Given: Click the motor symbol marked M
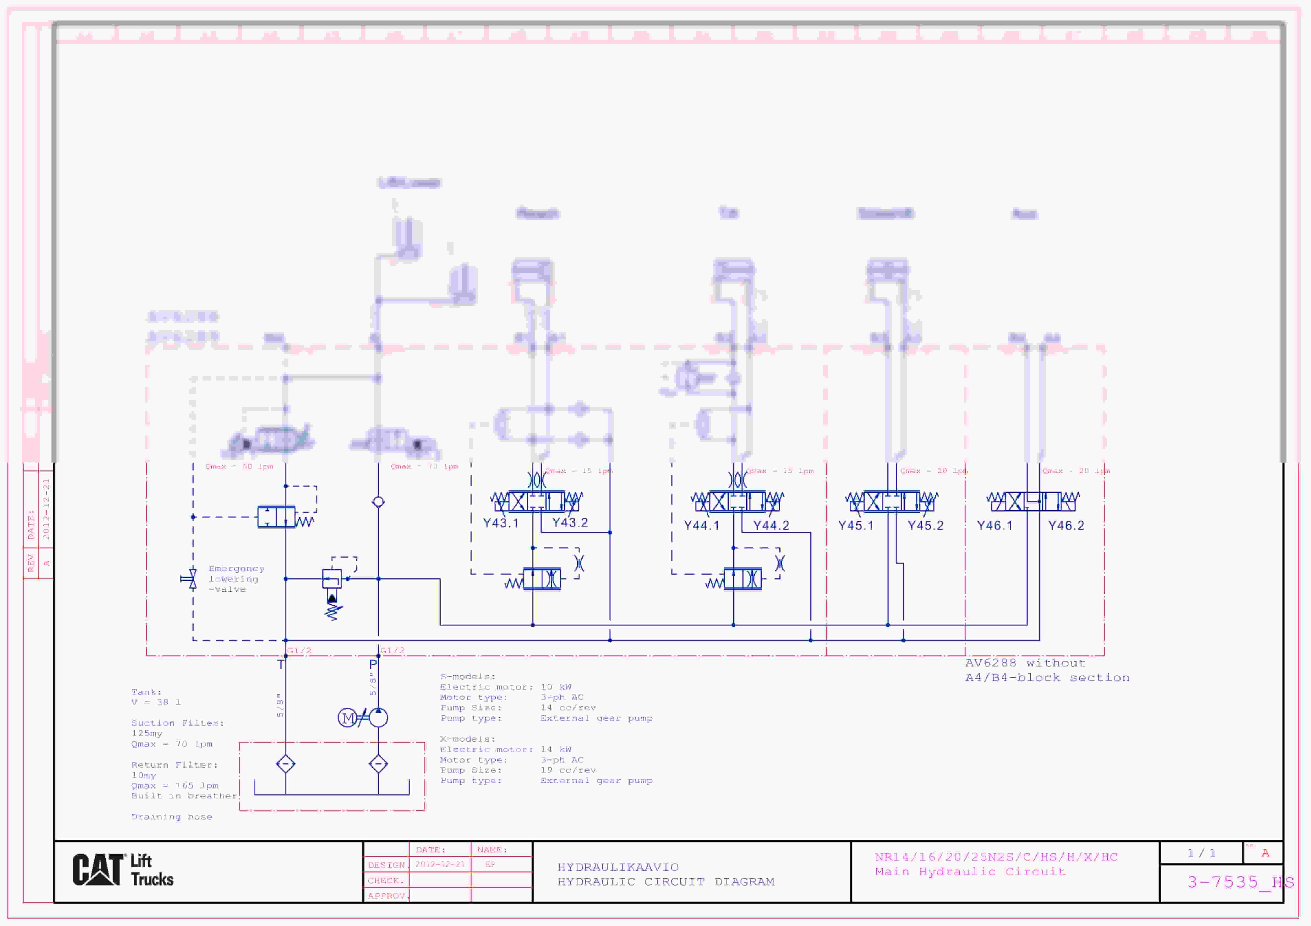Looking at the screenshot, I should [x=347, y=718].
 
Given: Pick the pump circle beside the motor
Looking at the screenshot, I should [x=378, y=718].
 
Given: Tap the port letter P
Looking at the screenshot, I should [x=373, y=664].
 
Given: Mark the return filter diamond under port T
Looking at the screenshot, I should [x=285, y=764].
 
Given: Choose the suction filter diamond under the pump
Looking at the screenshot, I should [x=378, y=764].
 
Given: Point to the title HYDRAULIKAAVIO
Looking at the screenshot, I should [x=618, y=867].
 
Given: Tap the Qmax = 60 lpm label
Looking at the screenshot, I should [x=239, y=467].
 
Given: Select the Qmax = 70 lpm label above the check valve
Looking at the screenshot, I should [x=424, y=467].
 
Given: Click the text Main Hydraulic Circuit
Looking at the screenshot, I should [x=969, y=872].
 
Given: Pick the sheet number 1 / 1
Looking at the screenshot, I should [x=1201, y=853].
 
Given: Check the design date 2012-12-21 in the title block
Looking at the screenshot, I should [x=440, y=864].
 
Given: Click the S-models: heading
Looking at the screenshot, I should [x=468, y=677].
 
